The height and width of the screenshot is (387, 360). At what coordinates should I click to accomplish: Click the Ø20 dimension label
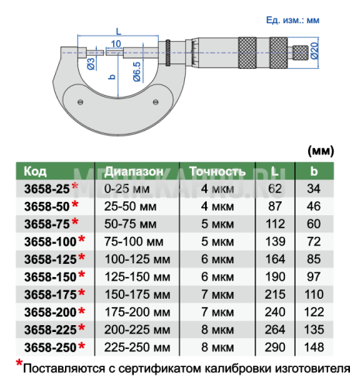[x=315, y=51]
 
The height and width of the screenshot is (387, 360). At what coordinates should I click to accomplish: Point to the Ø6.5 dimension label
[x=137, y=72]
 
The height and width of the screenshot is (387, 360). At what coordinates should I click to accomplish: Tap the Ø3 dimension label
[x=91, y=63]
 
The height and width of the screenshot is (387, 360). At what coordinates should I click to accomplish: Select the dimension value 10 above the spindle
[x=116, y=44]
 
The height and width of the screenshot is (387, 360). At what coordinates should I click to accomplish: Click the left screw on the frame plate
[x=81, y=102]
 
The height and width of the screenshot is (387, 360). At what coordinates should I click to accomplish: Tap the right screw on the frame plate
[x=156, y=102]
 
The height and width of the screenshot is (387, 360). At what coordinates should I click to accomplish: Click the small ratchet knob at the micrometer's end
[x=300, y=53]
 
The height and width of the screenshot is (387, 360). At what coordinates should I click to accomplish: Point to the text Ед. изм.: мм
[x=293, y=20]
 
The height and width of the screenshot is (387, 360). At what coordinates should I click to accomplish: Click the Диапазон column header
[x=134, y=171]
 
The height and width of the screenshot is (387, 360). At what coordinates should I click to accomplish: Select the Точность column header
[x=218, y=171]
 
